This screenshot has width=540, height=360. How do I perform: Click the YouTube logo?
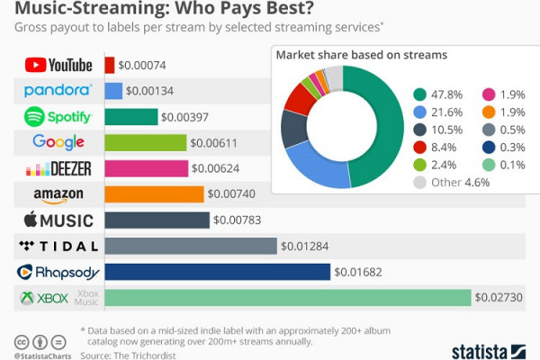pyautogui.click(x=58, y=65)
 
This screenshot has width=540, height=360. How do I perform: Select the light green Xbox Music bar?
pyautogui.click(x=288, y=298)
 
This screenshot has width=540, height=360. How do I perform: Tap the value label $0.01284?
pyautogui.click(x=306, y=246)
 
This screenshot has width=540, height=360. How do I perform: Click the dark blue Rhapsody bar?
pyautogui.click(x=218, y=272)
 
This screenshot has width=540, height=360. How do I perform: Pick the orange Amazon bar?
pyautogui.click(x=154, y=194)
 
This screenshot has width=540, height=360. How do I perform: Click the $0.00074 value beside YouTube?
pyautogui.click(x=143, y=65)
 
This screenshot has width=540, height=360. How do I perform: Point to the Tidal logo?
pyautogui.click(x=58, y=246)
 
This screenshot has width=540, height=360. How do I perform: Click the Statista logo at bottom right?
pyautogui.click(x=492, y=350)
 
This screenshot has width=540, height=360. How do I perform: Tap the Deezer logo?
pyautogui.click(x=58, y=168)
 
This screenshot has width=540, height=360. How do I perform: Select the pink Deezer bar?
pyautogui.click(x=147, y=168)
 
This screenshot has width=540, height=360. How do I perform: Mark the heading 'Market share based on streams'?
pyautogui.click(x=361, y=56)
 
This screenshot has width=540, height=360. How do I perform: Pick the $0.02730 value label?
pyautogui.click(x=499, y=298)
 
